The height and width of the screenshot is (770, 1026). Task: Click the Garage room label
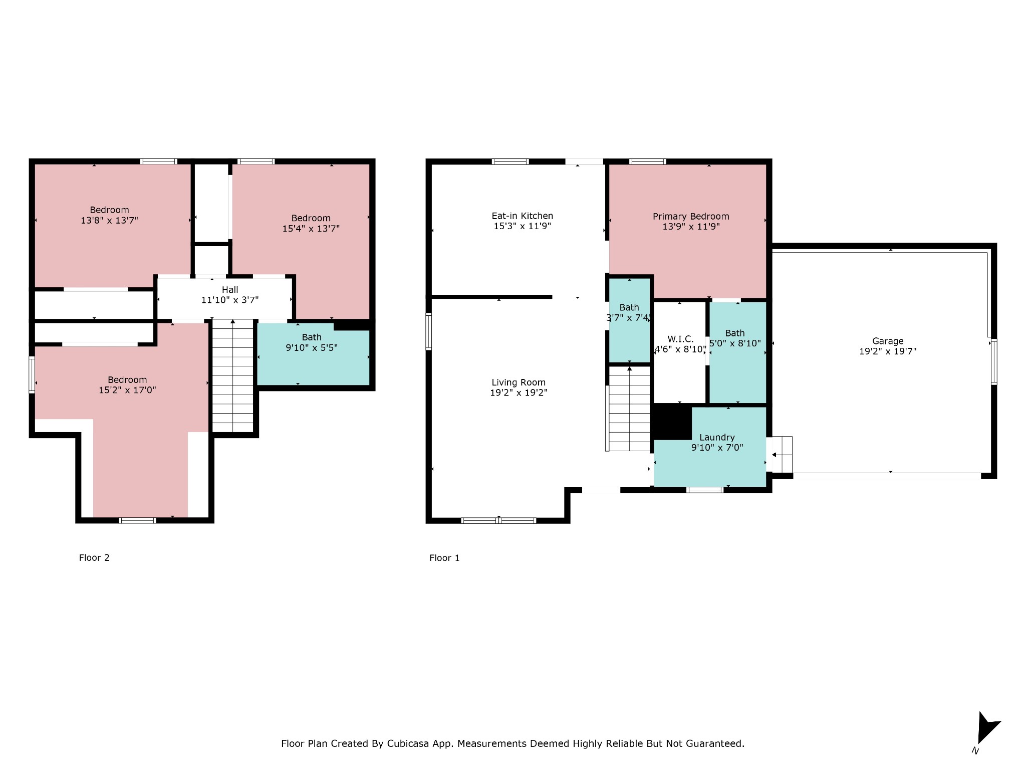click(888, 341)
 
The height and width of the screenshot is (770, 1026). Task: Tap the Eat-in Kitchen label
click(522, 216)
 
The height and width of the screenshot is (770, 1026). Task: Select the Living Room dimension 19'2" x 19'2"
click(519, 393)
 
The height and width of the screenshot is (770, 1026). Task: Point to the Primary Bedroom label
click(691, 217)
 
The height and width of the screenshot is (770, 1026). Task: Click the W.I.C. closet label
click(680, 339)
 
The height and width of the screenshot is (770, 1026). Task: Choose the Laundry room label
click(717, 438)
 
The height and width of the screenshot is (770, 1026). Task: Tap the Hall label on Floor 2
click(230, 290)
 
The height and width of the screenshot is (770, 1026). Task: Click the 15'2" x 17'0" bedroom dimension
click(127, 390)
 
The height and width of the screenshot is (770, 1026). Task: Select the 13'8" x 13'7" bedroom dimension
click(109, 220)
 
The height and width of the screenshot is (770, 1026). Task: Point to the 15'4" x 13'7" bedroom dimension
click(311, 229)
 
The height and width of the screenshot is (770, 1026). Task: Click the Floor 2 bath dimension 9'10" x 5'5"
click(312, 347)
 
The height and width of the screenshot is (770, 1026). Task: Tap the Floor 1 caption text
click(444, 558)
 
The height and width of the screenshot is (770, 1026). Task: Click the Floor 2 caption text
click(94, 558)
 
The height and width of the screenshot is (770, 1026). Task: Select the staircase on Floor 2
click(233, 375)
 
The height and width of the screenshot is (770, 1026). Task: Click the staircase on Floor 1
click(628, 409)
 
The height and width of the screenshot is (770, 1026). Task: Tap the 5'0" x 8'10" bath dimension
click(735, 343)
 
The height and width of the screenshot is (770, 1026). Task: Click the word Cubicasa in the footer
click(408, 743)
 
